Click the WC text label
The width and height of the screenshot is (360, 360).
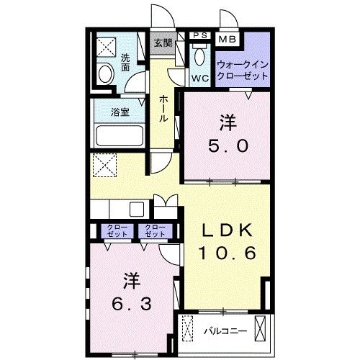coord(199,76)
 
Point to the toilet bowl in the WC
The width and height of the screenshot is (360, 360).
coord(199,57)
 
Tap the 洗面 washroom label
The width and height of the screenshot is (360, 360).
coord(125,63)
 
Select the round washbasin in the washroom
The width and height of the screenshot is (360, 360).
coord(104,73)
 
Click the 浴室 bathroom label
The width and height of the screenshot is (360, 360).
coord(120,112)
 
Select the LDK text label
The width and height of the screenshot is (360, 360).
coord(226,230)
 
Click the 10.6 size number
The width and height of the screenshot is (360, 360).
coord(226,253)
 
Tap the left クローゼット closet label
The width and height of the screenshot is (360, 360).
coord(119,231)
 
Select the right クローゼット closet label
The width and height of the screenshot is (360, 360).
coord(155,231)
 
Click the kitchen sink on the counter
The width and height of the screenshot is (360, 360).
coord(135,209)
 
